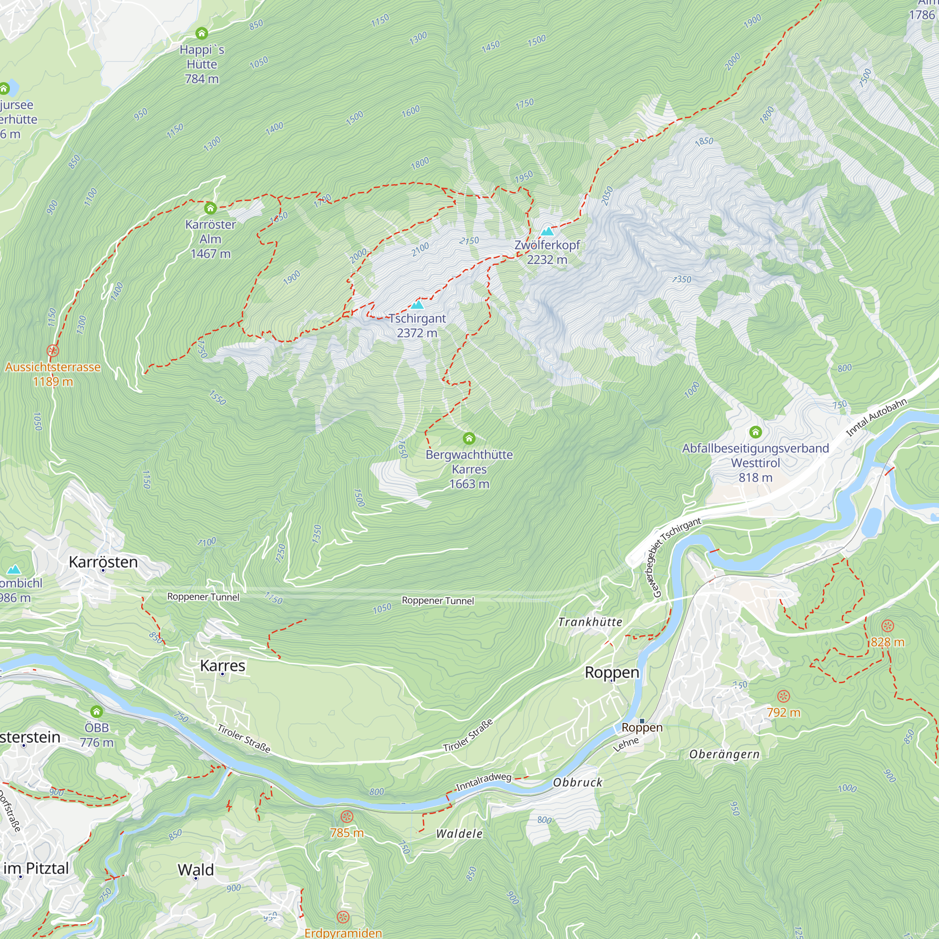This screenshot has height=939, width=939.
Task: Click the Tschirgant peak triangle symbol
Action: (x=417, y=305)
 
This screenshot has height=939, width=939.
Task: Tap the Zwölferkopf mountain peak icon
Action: (x=548, y=231)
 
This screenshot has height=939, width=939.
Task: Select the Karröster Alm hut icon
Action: (x=210, y=208)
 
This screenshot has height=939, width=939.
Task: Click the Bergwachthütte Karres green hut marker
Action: (x=469, y=439)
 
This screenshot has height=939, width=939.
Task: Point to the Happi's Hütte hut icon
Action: (x=201, y=33)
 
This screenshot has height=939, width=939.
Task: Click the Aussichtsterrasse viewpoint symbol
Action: (x=53, y=351)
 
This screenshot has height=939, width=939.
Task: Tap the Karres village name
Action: (x=223, y=665)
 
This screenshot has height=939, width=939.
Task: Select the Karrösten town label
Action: (x=103, y=562)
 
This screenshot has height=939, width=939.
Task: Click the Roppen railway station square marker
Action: (x=641, y=721)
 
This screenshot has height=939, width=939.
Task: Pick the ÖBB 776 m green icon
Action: (x=96, y=712)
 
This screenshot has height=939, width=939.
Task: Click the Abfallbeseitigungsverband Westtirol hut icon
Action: (x=755, y=431)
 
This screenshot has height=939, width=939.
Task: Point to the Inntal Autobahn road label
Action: (x=876, y=417)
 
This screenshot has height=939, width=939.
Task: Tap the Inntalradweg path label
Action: (x=483, y=781)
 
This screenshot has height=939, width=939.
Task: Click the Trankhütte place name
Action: (x=590, y=622)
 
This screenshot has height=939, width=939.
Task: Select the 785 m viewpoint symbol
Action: (x=346, y=816)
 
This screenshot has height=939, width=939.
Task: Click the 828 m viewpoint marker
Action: (x=887, y=626)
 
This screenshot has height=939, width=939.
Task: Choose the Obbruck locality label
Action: (x=577, y=783)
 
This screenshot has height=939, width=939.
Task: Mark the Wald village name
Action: (x=195, y=870)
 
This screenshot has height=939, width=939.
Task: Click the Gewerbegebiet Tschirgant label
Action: (x=673, y=557)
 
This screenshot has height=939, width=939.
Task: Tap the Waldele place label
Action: (x=459, y=834)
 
